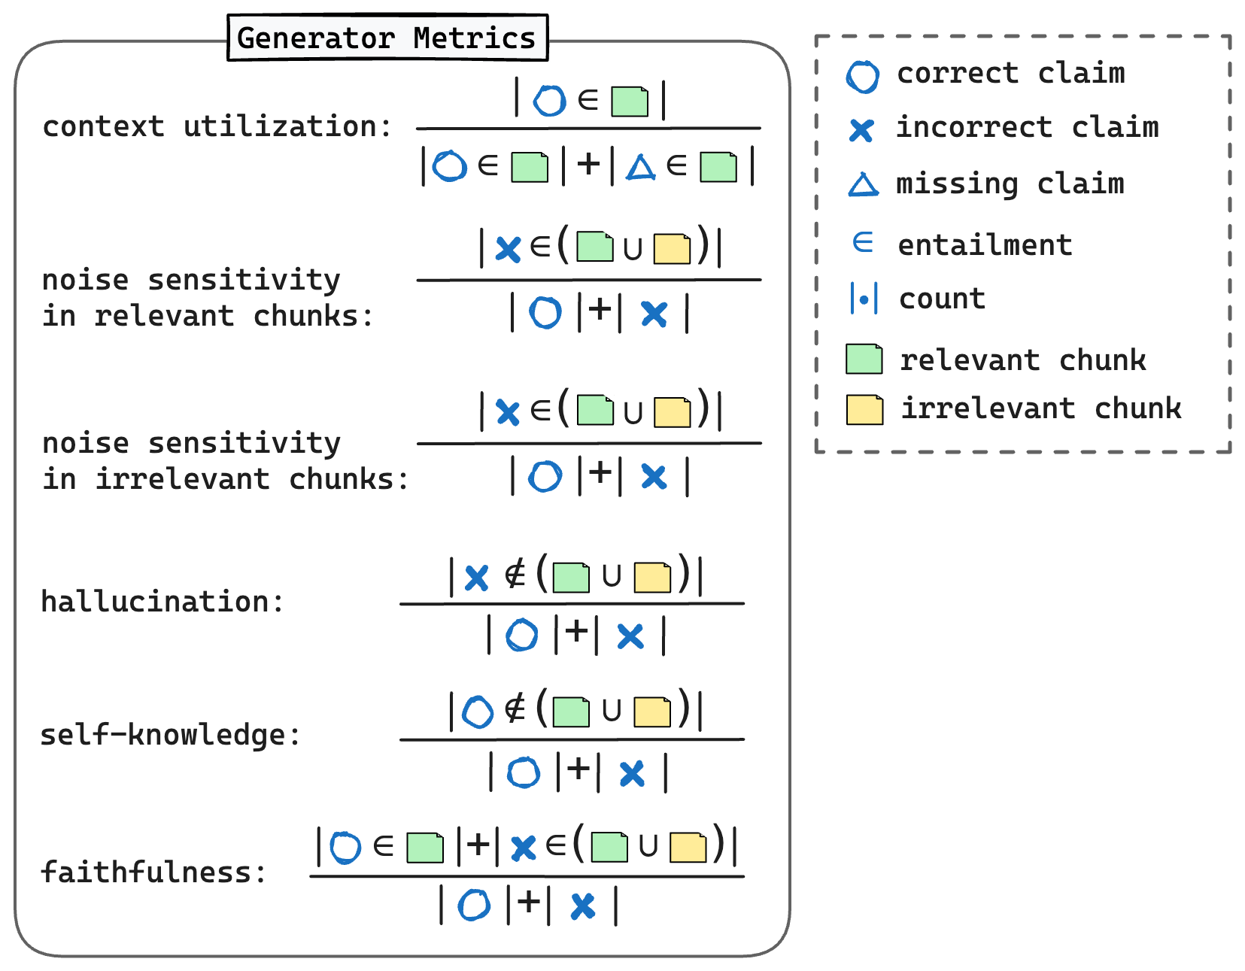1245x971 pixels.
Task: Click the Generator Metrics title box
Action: pyautogui.click(x=387, y=38)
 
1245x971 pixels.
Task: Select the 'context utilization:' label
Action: pyautogui.click(x=217, y=126)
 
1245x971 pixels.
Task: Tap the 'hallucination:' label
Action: pyautogui.click(x=162, y=602)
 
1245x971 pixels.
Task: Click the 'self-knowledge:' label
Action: pyautogui.click(x=170, y=735)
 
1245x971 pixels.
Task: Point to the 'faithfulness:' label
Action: pyautogui.click(x=153, y=872)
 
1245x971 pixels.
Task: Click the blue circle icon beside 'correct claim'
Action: pyautogui.click(x=862, y=76)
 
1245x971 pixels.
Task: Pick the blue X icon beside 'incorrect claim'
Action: pyautogui.click(x=861, y=130)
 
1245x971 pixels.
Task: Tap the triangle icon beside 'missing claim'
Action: pyautogui.click(x=863, y=185)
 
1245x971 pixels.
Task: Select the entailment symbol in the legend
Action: pyautogui.click(x=863, y=242)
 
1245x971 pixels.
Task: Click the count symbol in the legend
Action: pyautogui.click(x=864, y=299)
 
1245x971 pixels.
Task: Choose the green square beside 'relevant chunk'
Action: pyautogui.click(x=864, y=359)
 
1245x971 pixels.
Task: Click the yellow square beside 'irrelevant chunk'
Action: pyautogui.click(x=864, y=409)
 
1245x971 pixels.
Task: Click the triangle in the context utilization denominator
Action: pyautogui.click(x=641, y=167)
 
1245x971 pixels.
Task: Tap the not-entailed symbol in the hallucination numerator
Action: pyautogui.click(x=515, y=575)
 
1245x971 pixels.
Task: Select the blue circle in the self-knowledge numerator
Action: pyautogui.click(x=478, y=712)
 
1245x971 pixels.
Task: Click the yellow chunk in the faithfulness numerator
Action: pyautogui.click(x=688, y=848)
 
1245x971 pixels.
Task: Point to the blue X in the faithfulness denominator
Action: pyautogui.click(x=583, y=906)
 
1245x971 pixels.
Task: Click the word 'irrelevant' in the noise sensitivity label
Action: pyautogui.click(x=182, y=479)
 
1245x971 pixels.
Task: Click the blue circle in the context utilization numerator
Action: pyautogui.click(x=549, y=101)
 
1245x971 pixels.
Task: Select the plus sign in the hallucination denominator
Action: pyautogui.click(x=576, y=632)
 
